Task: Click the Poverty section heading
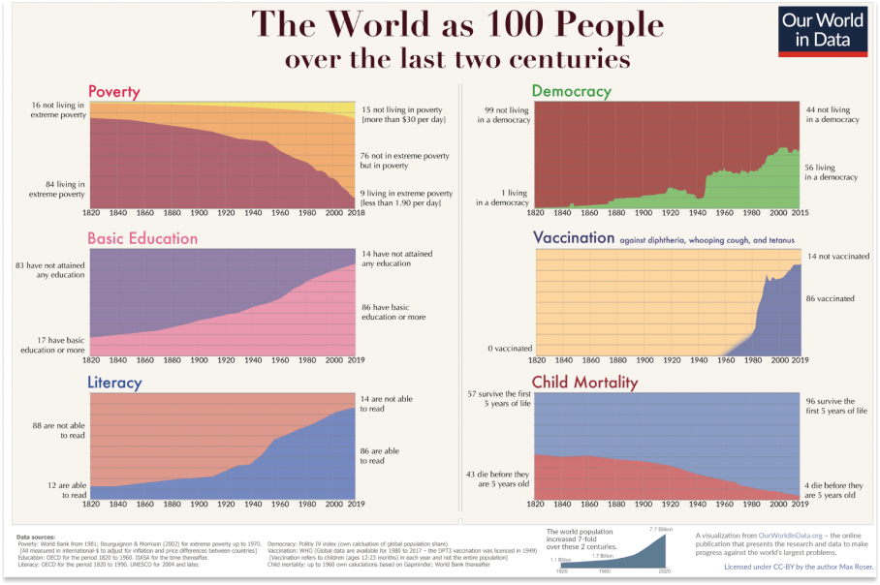coord(114,92)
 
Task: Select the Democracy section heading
coord(571,92)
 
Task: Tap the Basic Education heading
coord(142,238)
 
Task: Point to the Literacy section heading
coord(114,384)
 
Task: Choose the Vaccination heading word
coord(574,237)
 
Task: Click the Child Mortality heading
coord(584,383)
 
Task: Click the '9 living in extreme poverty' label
coord(400,199)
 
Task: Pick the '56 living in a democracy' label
coord(832,172)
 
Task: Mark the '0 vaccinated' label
coord(508,348)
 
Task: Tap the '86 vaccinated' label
coord(829,299)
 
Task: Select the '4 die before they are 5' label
coord(833,490)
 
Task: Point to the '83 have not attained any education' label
coord(49,270)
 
